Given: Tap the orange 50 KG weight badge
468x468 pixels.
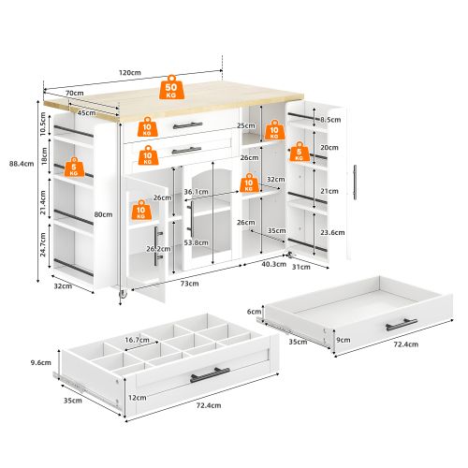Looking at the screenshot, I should tap(171, 88).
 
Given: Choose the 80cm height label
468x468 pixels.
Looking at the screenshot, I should tap(103, 214).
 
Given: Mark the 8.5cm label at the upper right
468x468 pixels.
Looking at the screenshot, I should tap(330, 120).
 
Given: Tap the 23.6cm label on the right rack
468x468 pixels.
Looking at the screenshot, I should tap(330, 231).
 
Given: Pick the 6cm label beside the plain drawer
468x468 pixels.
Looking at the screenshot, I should tap(253, 312).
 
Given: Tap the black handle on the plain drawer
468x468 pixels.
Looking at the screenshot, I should tap(402, 324).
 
